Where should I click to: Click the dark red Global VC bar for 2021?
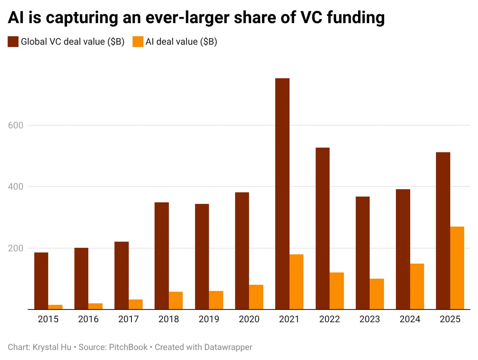coord(282,194)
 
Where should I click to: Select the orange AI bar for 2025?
coord(457,268)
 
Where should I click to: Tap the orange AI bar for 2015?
coord(55,307)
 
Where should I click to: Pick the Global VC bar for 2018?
coord(162,256)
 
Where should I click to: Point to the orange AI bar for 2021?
coord(296,282)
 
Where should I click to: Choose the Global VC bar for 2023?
coord(363,253)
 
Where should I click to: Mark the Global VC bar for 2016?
coord(81,278)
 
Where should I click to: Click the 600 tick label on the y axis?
coord(16,125)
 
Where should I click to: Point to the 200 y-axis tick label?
coord(16,248)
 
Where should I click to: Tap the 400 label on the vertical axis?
coord(16,186)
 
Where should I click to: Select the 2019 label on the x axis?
coord(209,319)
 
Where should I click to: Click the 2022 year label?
coord(329,319)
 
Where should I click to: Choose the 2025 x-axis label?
coord(450,319)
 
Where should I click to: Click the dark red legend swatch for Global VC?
coord(13,42)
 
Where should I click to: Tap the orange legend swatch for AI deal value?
coord(138,42)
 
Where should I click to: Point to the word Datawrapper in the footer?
coord(229,347)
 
